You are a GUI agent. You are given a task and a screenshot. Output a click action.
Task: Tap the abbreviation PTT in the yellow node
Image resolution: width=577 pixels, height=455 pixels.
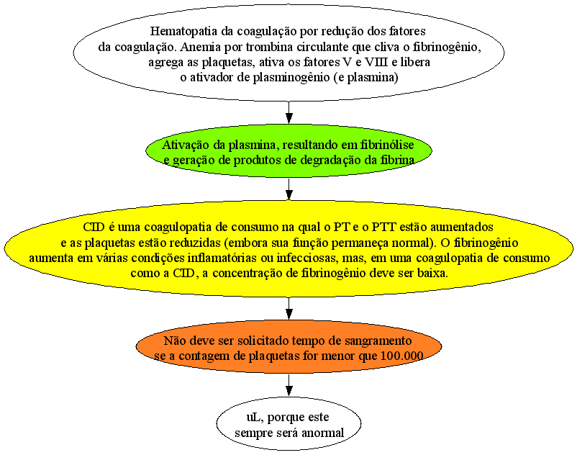point(384,227)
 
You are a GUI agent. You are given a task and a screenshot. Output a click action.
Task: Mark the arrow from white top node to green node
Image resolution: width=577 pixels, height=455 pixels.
point(289,112)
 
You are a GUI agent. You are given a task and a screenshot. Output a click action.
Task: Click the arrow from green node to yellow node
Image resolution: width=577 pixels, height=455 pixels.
point(289,189)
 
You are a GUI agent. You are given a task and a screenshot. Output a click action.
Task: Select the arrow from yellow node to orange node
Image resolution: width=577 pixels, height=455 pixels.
point(289,308)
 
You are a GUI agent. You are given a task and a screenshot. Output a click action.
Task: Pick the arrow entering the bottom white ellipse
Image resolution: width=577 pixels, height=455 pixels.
point(289,385)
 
